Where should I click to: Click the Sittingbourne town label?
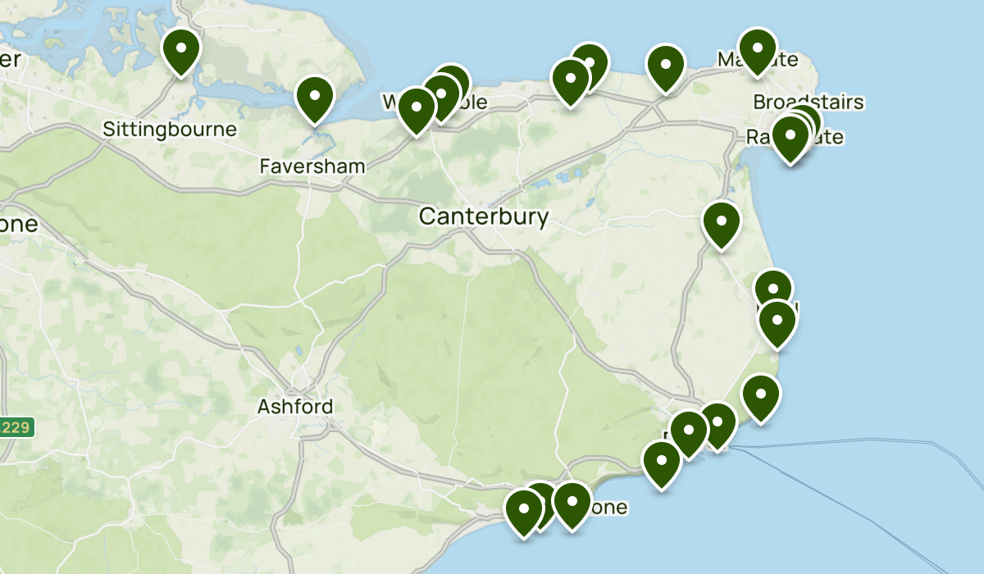pyautogui.click(x=170, y=130)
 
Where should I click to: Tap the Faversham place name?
pyautogui.click(x=312, y=166)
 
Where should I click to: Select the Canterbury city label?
pyautogui.click(x=483, y=216)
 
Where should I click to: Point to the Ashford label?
pyautogui.click(x=295, y=407)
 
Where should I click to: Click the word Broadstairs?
pyautogui.click(x=809, y=102)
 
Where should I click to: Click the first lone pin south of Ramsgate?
pyautogui.click(x=722, y=222)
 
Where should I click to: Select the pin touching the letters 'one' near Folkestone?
pyautogui.click(x=572, y=503)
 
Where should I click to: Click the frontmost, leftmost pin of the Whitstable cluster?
pyautogui.click(x=417, y=109)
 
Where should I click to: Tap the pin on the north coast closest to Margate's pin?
pyautogui.click(x=666, y=65)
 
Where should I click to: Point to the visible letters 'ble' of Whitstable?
pyautogui.click(x=474, y=102)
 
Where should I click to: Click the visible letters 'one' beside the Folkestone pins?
pyautogui.click(x=610, y=508)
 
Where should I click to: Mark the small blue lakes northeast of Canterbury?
pyautogui.click(x=565, y=177)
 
